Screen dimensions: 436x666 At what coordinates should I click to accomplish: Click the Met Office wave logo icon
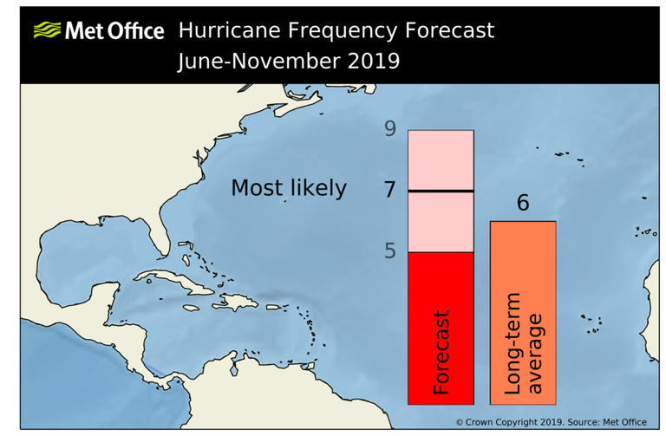click(47, 31)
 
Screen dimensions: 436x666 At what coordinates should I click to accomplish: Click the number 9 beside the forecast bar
click(390, 129)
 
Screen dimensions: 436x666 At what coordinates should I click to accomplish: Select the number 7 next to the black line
click(390, 189)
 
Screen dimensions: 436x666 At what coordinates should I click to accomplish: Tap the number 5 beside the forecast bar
click(390, 251)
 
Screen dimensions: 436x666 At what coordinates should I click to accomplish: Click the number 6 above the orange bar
click(522, 203)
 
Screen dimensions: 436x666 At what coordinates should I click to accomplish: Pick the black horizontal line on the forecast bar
click(441, 191)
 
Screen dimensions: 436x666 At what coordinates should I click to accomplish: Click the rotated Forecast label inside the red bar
click(441, 353)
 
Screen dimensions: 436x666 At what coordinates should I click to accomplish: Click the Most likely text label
click(288, 188)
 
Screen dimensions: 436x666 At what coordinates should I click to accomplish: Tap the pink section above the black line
click(441, 159)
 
